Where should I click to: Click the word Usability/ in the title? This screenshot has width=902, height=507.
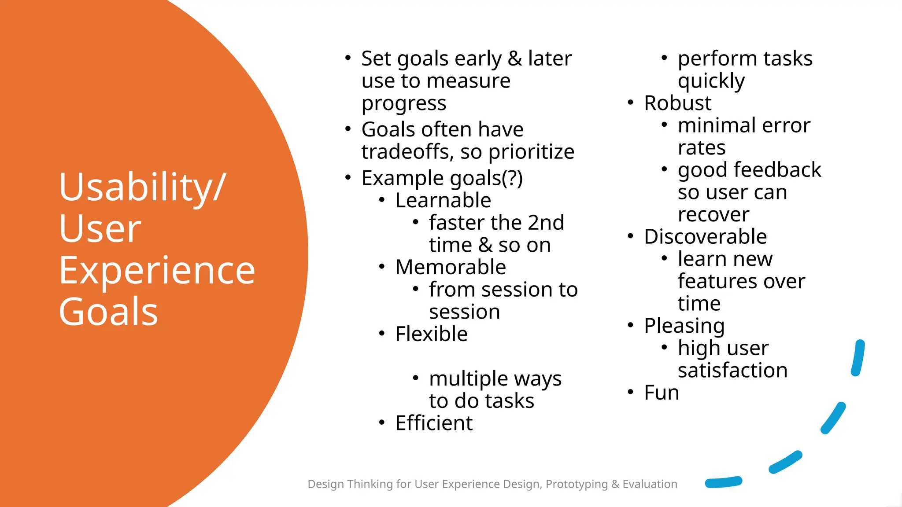(142, 187)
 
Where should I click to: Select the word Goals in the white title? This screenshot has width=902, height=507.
(108, 312)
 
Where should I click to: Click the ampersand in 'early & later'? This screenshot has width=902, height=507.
(514, 59)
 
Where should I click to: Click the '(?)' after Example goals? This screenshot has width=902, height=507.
(512, 178)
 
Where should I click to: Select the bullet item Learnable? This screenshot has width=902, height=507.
(443, 201)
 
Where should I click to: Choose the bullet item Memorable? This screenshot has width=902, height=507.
(450, 267)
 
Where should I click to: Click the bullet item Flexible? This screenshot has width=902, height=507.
(431, 334)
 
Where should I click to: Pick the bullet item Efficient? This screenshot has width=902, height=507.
(433, 423)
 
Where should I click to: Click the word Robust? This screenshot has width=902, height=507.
(677, 103)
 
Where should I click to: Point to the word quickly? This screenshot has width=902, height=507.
(711, 81)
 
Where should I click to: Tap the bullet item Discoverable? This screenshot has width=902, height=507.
(705, 237)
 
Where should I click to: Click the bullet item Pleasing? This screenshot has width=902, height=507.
(684, 326)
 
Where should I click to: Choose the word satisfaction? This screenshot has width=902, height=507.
(732, 371)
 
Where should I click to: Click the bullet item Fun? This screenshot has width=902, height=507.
(661, 393)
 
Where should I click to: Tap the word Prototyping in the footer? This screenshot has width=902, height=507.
(577, 484)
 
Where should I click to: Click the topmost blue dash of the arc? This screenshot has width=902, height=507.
(858, 357)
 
